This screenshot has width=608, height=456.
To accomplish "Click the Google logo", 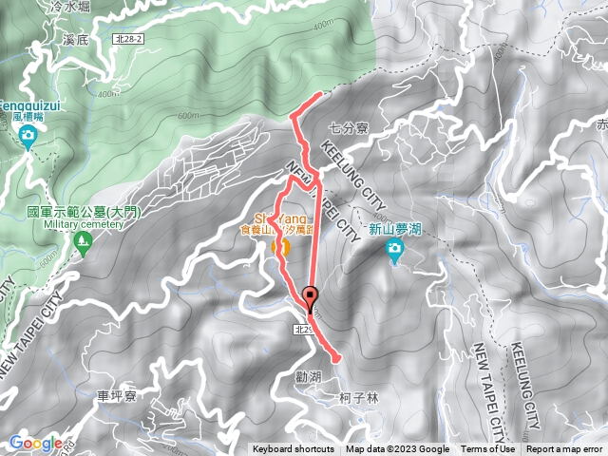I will click(x=35, y=443).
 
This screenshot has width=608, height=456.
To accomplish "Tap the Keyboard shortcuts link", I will click(x=294, y=449).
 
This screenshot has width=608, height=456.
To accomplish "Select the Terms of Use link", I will click(x=488, y=449).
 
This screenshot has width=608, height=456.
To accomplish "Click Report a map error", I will click(x=565, y=449).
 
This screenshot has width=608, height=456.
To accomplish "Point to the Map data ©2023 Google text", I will click(x=397, y=449).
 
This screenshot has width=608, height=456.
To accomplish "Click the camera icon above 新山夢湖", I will click(x=394, y=249).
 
